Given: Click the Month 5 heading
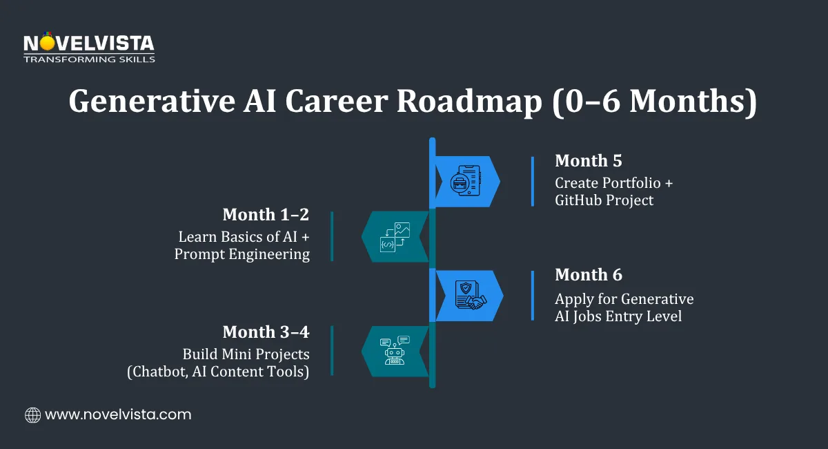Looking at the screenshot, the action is [588, 161].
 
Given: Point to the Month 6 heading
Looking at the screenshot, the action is [588, 275].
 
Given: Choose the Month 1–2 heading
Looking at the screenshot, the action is [266, 214].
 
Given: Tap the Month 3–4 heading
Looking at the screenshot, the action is [266, 332].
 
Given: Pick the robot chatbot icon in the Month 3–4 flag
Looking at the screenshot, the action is [395, 351].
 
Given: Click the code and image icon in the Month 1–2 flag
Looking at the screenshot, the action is [395, 237].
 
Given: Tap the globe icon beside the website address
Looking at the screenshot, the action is [32, 415].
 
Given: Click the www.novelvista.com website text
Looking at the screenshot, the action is [118, 415].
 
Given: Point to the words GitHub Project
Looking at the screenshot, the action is [604, 201].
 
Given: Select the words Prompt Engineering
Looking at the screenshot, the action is [241, 254].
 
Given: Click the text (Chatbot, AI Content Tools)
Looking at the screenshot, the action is [218, 372].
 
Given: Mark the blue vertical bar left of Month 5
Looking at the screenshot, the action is [533, 181].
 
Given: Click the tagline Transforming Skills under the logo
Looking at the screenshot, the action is [89, 59].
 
